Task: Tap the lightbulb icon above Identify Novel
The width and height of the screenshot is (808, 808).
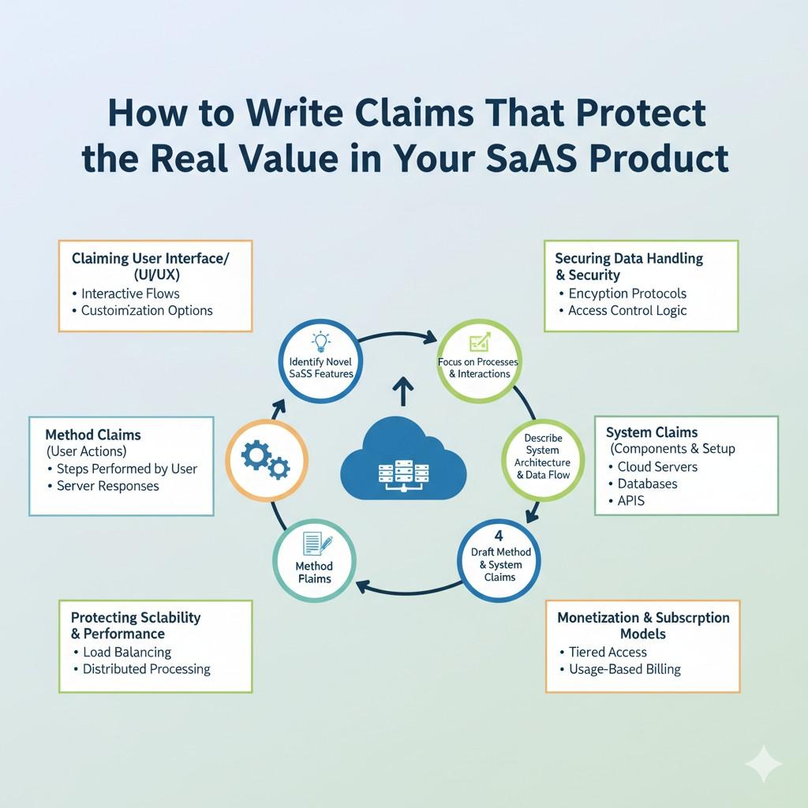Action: tap(321, 341)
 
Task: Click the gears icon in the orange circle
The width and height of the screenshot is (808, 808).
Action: tap(265, 460)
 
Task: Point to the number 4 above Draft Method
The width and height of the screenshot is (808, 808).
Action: tap(499, 536)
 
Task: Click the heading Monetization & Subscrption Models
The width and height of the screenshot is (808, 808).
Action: tap(643, 625)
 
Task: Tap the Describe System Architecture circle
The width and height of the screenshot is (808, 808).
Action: tap(543, 460)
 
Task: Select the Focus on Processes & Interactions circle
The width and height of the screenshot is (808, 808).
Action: tap(479, 361)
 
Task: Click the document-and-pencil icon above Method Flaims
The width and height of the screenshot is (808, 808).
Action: tap(317, 544)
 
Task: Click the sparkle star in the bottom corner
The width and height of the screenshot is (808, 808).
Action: tap(764, 763)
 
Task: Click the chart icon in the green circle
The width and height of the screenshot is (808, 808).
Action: tap(480, 342)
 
